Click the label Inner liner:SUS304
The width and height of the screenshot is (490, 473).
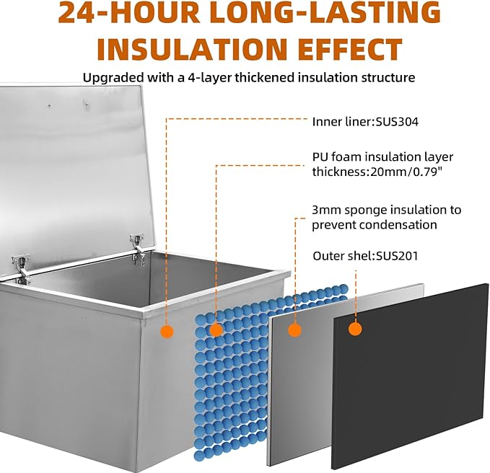tap(365, 121)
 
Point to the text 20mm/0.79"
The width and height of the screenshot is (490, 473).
tap(406, 172)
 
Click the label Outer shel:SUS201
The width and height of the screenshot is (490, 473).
tap(365, 256)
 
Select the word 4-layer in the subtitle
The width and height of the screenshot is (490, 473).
tap(209, 77)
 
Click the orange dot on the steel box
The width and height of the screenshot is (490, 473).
tap(167, 331)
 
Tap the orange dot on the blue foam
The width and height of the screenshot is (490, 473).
tap(216, 330)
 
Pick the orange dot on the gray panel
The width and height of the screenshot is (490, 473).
tap(294, 330)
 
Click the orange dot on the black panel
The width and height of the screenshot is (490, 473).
tap(355, 329)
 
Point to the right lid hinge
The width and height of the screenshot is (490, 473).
tap(138, 249)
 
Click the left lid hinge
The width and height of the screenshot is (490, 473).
tap(22, 268)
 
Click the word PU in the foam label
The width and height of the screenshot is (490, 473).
tap(320, 156)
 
